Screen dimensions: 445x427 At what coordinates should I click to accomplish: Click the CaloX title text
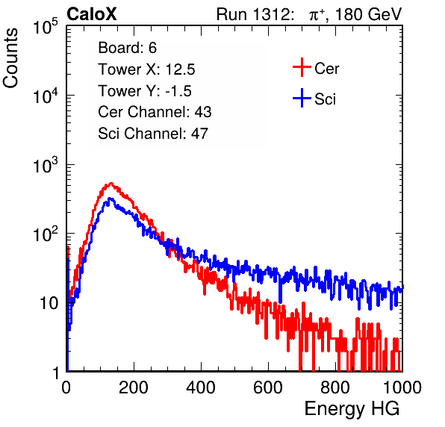[92, 14]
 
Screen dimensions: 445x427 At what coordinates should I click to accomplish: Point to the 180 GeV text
[369, 14]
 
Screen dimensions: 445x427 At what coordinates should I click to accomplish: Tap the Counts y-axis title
[10, 58]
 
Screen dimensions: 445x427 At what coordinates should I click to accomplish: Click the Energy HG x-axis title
[352, 409]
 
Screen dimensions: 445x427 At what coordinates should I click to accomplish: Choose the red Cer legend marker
[302, 67]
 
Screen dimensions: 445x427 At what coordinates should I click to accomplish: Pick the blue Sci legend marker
[302, 98]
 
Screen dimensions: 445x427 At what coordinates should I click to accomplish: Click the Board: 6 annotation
[127, 48]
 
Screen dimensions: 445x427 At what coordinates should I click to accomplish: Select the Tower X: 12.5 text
[146, 69]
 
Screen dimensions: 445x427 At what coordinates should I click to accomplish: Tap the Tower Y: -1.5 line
[145, 91]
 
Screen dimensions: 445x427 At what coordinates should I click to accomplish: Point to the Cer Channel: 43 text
[155, 112]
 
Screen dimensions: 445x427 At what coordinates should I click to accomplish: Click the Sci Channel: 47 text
[153, 134]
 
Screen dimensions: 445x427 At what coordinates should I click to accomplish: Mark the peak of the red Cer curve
[111, 184]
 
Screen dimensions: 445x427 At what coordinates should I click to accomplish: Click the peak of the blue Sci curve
[110, 199]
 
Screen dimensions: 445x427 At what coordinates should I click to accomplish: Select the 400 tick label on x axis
[201, 387]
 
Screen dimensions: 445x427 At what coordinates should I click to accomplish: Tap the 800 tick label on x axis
[335, 387]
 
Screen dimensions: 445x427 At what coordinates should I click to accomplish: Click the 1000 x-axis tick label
[402, 387]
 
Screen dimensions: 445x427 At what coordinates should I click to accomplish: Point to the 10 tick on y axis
[49, 303]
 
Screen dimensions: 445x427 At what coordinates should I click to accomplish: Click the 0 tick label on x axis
[66, 387]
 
